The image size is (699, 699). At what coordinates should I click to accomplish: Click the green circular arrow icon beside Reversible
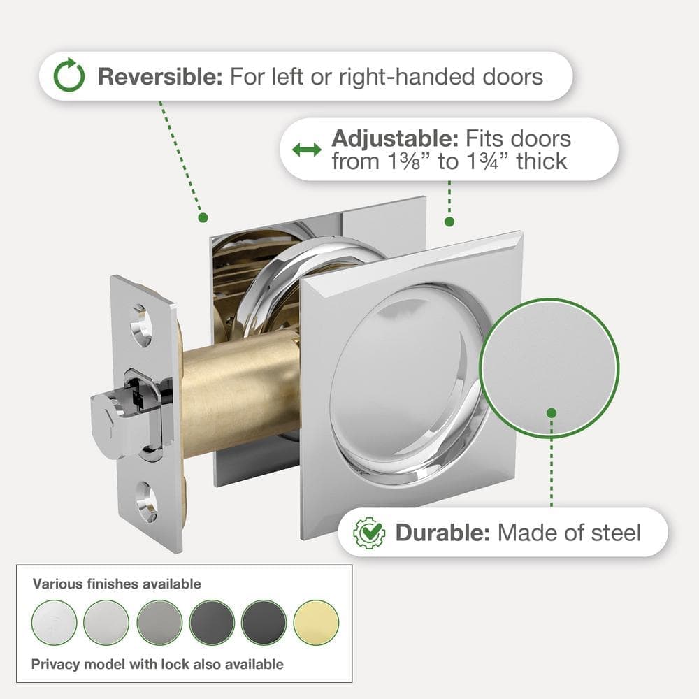[x=69, y=75]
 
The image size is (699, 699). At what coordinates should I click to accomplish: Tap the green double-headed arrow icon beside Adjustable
[x=307, y=150]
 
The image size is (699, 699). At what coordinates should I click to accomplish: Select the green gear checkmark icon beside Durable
[x=369, y=533]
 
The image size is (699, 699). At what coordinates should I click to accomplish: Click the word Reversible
[x=160, y=76]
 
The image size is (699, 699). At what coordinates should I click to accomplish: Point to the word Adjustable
[x=395, y=138]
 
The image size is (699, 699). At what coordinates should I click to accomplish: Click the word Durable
[x=443, y=533]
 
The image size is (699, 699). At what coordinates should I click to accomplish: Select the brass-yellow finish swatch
[x=316, y=622]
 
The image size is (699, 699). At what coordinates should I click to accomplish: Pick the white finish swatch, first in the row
[x=55, y=622]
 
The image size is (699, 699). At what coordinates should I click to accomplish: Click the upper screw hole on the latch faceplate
[x=141, y=326]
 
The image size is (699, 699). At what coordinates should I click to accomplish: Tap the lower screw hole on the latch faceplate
[x=146, y=502]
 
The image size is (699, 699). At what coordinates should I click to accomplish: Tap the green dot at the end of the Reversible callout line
[x=203, y=217]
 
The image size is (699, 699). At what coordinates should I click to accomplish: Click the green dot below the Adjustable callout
[x=449, y=222]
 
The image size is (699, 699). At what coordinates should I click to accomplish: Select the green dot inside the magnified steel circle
[x=552, y=413]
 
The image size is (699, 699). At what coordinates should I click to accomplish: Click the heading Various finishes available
[x=117, y=584]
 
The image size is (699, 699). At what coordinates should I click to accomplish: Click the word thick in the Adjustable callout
[x=542, y=161]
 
